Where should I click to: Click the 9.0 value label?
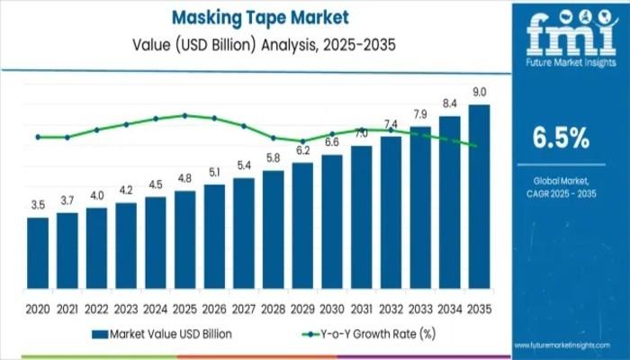[x=480, y=93]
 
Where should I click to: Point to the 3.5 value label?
[x=38, y=205]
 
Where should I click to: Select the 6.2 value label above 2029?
[x=302, y=150]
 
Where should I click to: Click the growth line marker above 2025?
[x=184, y=115]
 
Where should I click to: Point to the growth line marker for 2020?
[x=38, y=137]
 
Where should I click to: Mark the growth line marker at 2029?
[x=302, y=141]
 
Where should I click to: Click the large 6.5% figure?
[x=561, y=138]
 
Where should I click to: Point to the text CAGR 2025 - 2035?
[x=561, y=193]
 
